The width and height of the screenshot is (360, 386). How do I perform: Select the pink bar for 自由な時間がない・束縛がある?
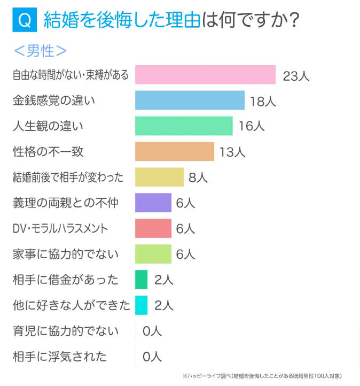(205, 75)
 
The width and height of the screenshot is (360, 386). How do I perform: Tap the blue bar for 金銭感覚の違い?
(190, 101)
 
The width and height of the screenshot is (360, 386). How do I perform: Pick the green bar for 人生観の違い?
(184, 126)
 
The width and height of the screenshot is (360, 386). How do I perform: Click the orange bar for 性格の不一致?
(175, 152)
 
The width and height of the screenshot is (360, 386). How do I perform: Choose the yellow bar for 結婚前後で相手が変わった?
(159, 177)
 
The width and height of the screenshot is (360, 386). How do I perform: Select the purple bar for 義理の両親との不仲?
(153, 203)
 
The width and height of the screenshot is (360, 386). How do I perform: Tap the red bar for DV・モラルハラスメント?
(153, 228)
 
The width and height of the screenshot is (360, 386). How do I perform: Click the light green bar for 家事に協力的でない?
(153, 254)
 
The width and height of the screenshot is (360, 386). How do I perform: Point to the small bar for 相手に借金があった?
(141, 280)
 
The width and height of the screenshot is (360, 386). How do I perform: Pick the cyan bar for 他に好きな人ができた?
(141, 305)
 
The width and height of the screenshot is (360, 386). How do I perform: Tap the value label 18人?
(263, 101)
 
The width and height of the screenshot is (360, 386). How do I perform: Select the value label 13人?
(232, 152)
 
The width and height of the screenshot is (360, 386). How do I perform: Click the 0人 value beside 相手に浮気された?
(152, 357)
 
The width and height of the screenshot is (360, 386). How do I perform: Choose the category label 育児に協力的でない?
(66, 331)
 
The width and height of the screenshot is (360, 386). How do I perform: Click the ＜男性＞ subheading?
(40, 51)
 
